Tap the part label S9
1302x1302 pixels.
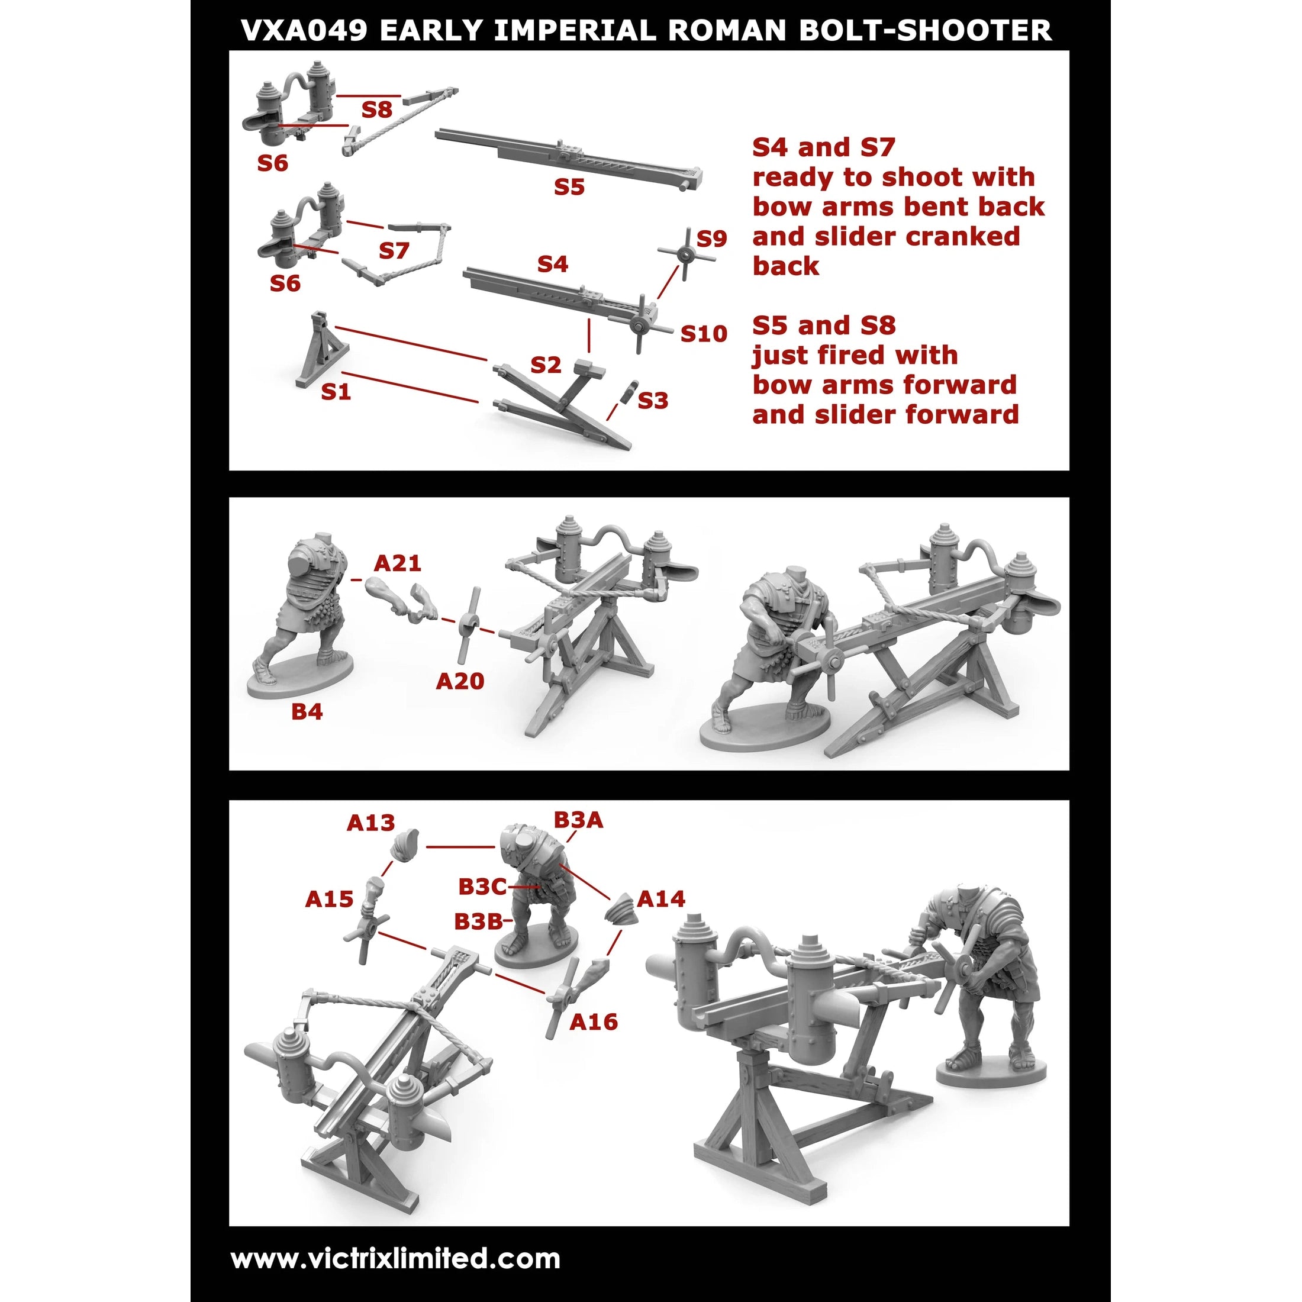711,238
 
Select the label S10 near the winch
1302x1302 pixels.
704,333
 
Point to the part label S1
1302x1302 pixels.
336,392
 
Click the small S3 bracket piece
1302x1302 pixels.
629,391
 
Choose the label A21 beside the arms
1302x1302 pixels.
398,563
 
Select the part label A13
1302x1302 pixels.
370,822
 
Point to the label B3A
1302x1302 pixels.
578,820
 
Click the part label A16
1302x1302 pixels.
593,1021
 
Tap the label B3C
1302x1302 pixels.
482,886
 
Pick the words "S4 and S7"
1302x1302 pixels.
824,147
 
